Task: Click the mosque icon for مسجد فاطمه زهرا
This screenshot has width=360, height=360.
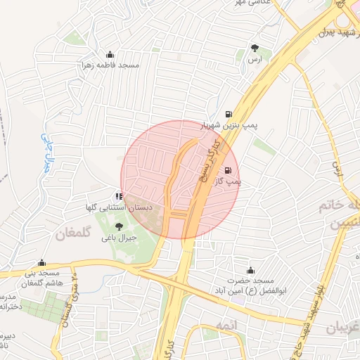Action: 110,55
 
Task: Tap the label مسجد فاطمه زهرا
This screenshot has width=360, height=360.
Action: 110,65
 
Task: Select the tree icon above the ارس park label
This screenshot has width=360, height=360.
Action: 255,49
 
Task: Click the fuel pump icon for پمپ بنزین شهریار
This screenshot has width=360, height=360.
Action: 228,115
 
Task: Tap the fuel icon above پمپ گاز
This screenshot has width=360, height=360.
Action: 227,171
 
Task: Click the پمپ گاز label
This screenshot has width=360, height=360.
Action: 227,181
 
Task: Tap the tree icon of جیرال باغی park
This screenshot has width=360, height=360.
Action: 117,226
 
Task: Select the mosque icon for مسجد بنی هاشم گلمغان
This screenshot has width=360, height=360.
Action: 41,262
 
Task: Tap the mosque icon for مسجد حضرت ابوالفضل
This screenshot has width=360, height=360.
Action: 250,271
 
